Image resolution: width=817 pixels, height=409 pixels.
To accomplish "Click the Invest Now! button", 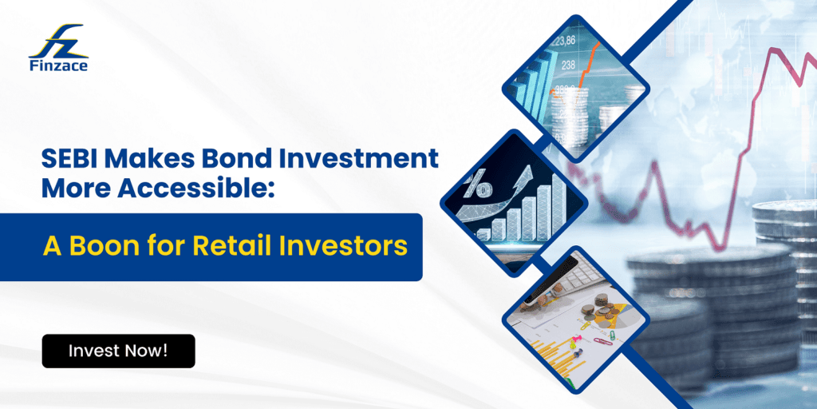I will [x=118, y=351].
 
